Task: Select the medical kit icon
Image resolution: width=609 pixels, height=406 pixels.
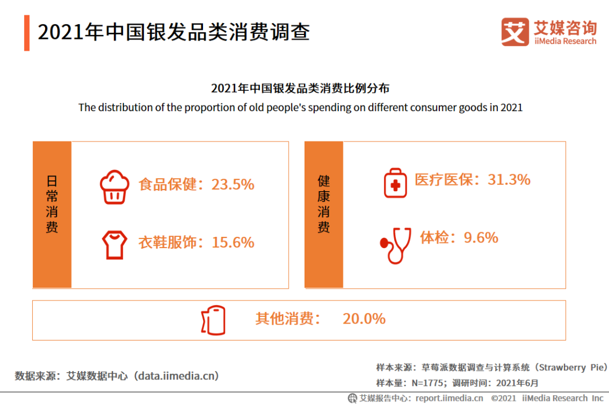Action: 395,183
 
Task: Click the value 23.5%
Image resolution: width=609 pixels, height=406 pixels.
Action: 233,184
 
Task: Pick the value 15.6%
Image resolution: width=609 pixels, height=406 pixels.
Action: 233,242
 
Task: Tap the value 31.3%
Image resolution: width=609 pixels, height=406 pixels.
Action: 509,180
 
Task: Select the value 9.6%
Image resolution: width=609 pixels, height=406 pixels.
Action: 480,238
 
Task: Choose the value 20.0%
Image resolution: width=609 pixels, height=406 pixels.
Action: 364,319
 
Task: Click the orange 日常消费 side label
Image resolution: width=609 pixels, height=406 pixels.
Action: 52,214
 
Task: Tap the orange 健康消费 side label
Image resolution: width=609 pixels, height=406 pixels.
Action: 324,214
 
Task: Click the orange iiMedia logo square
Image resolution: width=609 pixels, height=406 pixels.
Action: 515,32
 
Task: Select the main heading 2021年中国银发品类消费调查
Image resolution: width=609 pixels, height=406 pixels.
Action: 174,33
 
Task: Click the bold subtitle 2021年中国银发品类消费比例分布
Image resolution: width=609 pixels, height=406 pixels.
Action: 300,89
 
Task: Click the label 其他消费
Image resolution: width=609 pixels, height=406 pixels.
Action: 288,319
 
